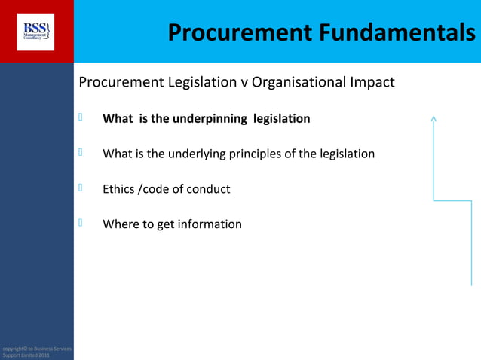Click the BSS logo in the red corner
pos(35,31)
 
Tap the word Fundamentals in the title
pos(397,32)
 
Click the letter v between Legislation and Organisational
pos(244,82)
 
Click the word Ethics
pos(118,189)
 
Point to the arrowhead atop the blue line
pos(434,117)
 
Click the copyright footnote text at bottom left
pos(36,352)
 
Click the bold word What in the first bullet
pos(118,119)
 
